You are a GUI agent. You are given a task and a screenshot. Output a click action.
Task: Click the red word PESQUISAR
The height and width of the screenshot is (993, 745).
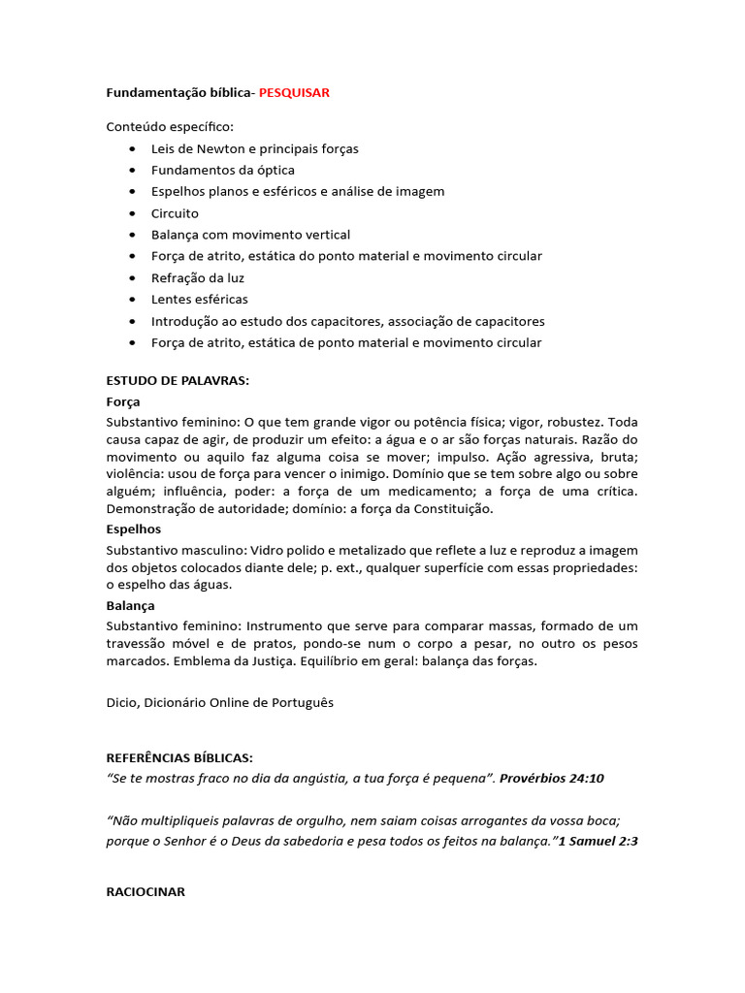[x=294, y=93]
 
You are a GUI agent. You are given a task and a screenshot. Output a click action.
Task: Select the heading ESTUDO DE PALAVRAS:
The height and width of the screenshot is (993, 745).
[x=178, y=380]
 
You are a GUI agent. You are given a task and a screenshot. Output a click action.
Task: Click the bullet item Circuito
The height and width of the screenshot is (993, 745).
[x=175, y=213]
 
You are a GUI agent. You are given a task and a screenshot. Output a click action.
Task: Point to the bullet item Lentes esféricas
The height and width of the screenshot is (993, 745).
[x=199, y=300]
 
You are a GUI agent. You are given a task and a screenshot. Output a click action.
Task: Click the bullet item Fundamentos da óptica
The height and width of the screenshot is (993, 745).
[x=222, y=171]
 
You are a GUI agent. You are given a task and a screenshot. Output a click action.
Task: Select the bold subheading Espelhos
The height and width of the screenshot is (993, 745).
[x=134, y=529]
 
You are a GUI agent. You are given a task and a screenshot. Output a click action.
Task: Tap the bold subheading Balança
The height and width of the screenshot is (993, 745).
[x=130, y=605]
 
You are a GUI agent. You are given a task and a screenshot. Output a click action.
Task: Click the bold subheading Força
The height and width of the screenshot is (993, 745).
[x=123, y=401]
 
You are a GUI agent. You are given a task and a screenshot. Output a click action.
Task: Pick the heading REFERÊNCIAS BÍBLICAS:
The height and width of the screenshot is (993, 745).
[x=179, y=758]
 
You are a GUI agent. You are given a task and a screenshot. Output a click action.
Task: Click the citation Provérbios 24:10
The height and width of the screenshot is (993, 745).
[x=551, y=779]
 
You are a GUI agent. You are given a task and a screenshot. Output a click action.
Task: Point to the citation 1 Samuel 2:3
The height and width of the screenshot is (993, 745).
[x=598, y=842]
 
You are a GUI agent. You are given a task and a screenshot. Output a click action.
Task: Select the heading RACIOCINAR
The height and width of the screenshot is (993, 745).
[x=146, y=891]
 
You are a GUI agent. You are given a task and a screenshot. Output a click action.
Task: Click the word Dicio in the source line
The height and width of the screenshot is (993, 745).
[x=121, y=703]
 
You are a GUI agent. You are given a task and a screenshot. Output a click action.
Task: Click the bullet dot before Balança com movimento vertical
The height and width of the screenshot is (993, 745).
[x=132, y=235]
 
